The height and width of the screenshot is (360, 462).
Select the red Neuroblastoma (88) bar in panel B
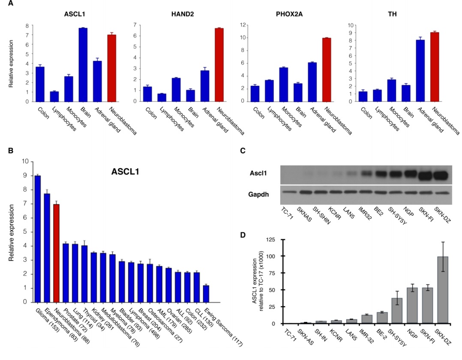[x=56, y=253]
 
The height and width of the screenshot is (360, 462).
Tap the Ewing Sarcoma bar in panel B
[x=206, y=293]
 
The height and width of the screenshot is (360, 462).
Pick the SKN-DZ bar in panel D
[x=442, y=290]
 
